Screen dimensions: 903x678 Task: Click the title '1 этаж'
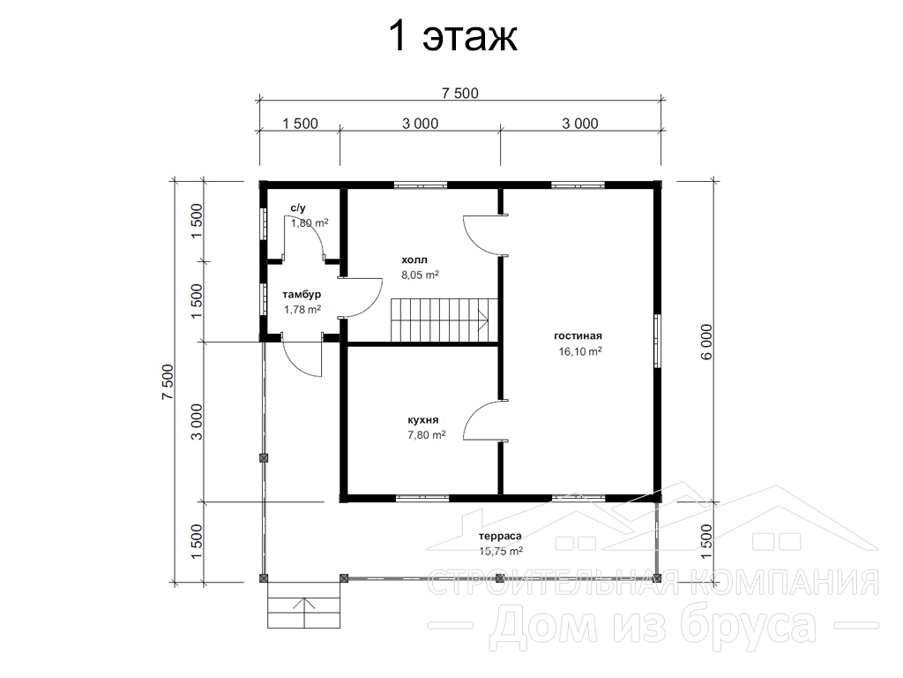pyautogui.click(x=453, y=36)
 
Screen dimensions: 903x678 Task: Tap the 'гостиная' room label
pyautogui.click(x=578, y=335)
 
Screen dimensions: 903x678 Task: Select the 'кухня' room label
pyautogui.click(x=423, y=419)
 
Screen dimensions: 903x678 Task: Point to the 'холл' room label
pyautogui.click(x=414, y=260)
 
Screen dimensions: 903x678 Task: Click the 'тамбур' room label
pyautogui.click(x=302, y=295)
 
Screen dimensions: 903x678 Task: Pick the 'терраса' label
pyautogui.click(x=501, y=536)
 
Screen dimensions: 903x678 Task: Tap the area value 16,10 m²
pyautogui.click(x=580, y=351)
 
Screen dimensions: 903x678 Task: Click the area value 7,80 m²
pyautogui.click(x=427, y=435)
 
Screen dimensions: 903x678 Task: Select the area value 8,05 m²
pyautogui.click(x=421, y=275)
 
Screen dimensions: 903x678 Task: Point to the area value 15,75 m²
pyautogui.click(x=501, y=551)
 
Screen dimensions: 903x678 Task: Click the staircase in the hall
pyautogui.click(x=444, y=320)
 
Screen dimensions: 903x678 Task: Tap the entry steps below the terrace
pyautogui.click(x=304, y=604)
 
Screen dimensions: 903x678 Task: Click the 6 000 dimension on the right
pyautogui.click(x=706, y=342)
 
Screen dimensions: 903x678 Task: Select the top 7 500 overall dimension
pyautogui.click(x=460, y=93)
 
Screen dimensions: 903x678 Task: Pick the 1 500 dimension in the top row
pyautogui.click(x=300, y=124)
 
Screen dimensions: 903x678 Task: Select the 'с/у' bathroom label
pyautogui.click(x=298, y=208)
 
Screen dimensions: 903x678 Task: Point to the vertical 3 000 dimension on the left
pyautogui.click(x=197, y=422)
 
